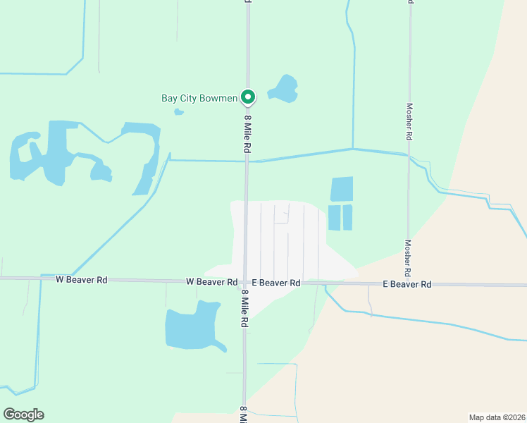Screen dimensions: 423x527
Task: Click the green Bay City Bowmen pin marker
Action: tap(247, 97)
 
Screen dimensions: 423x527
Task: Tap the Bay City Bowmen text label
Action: tap(199, 99)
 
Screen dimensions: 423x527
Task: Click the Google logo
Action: tap(23, 415)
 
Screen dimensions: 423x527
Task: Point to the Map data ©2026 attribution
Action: tap(497, 417)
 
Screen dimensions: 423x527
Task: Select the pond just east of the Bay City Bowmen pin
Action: tap(283, 88)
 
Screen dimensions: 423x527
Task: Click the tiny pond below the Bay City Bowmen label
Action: tap(179, 111)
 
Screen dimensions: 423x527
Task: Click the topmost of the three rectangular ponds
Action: tap(342, 189)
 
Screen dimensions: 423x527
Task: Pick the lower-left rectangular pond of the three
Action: tap(334, 217)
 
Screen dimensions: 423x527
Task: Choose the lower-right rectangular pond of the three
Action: tap(347, 217)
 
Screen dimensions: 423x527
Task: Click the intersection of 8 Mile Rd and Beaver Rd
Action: tap(245, 281)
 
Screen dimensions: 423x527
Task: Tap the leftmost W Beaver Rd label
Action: tap(82, 280)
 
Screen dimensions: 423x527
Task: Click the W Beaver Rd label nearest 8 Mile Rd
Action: tap(211, 281)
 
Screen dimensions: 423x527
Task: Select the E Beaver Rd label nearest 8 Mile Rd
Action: tap(276, 283)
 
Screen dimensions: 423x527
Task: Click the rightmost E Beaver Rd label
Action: tap(407, 284)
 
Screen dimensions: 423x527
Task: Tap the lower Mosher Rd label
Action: tap(408, 257)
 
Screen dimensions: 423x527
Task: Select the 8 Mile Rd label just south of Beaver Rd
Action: tap(245, 309)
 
